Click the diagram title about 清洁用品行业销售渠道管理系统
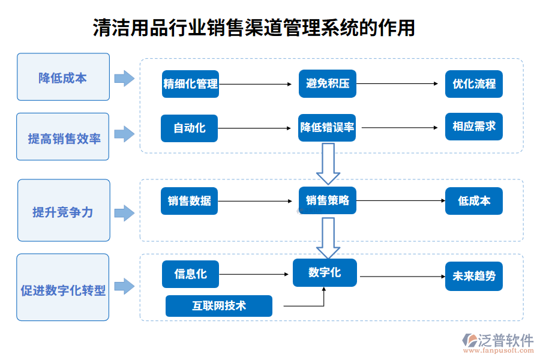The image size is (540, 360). tap(254, 28)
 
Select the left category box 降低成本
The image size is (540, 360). tap(63, 77)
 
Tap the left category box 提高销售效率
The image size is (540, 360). tap(63, 137)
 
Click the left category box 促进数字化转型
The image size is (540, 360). tap(63, 287)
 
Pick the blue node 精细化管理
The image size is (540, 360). tap(190, 84)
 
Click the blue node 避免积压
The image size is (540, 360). tap(328, 84)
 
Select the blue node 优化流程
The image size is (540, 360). tap(473, 84)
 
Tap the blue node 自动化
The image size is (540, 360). tap(189, 128)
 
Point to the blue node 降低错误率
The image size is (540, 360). tap(328, 128)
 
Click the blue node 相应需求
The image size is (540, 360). tap(473, 127)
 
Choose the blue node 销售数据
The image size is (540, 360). tap(189, 201)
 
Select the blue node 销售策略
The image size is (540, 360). tap(328, 201)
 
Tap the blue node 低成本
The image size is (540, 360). tap(473, 201)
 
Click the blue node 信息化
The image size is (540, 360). tap(190, 274)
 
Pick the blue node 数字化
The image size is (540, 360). tap(325, 272)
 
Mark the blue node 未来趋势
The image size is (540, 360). tap(473, 276)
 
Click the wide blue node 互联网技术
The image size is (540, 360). tap(219, 306)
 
